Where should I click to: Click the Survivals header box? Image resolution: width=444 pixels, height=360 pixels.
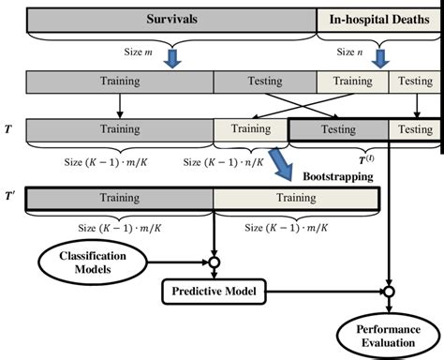170,19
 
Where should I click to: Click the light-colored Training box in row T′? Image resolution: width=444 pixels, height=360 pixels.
296,197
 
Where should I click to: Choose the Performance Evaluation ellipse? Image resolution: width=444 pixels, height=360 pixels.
389,336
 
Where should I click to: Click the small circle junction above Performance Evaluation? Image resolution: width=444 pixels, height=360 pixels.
389,292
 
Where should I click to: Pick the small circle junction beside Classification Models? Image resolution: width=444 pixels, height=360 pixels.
215,262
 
